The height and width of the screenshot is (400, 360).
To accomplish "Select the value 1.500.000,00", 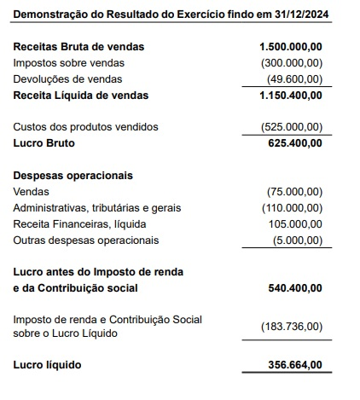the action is pyautogui.click(x=291, y=46).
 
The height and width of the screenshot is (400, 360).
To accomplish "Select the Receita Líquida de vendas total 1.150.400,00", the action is pyautogui.click(x=291, y=95).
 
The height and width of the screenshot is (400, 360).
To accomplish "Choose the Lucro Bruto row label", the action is pyautogui.click(x=44, y=143).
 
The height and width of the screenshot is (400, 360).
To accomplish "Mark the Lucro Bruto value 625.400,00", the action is pyautogui.click(x=296, y=143).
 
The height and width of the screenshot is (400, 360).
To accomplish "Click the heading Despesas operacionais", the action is pyautogui.click(x=73, y=176).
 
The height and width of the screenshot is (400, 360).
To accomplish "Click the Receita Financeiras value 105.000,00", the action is pyautogui.click(x=295, y=224).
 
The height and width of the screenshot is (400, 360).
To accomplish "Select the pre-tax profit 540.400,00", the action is pyautogui.click(x=295, y=289).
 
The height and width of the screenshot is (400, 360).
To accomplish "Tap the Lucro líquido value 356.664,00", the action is pyautogui.click(x=295, y=366).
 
